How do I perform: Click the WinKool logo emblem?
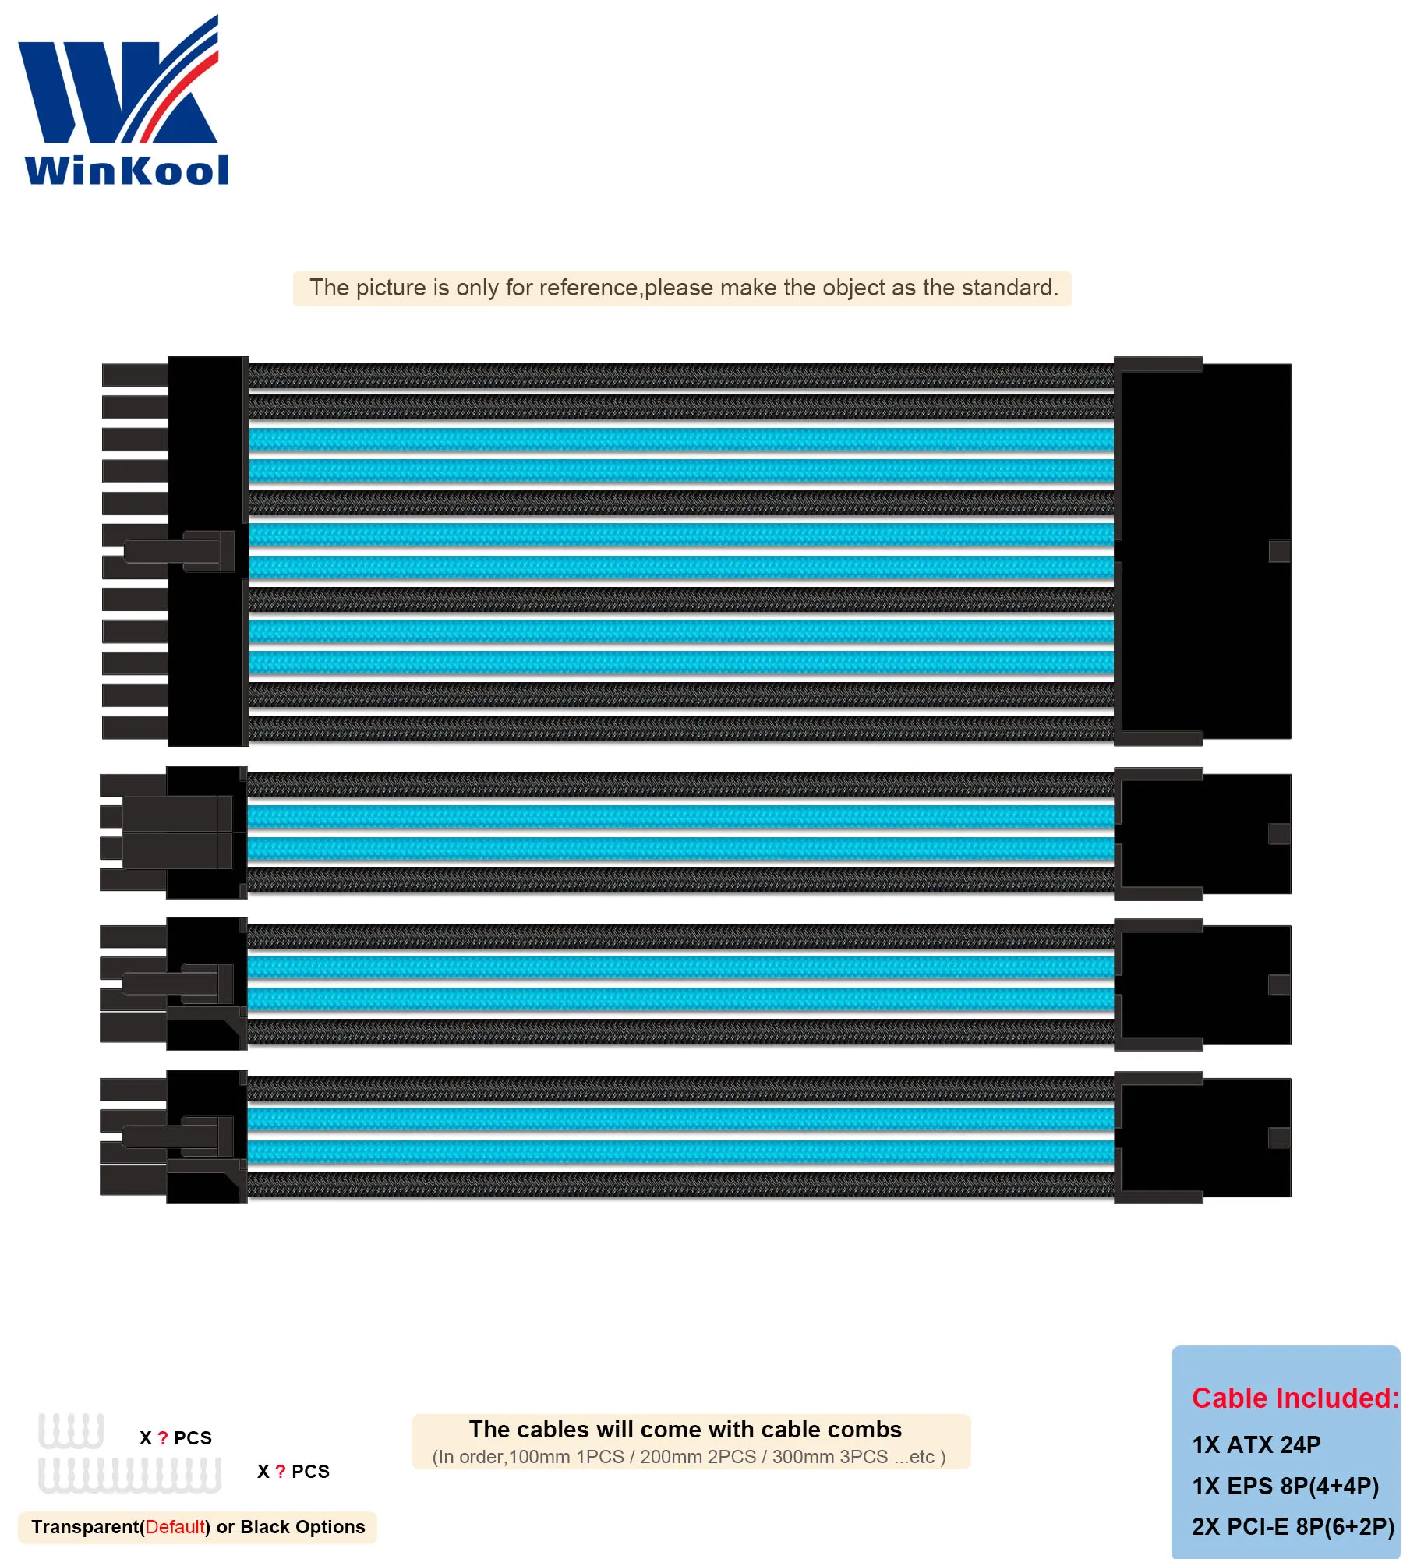point(118,82)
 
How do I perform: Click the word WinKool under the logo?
point(127,171)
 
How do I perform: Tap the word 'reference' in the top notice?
point(588,288)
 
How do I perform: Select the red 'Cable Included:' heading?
point(1295,1398)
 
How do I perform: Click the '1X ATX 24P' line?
point(1256,1444)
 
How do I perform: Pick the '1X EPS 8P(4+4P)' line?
point(1285,1486)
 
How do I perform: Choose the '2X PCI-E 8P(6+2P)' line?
point(1292,1526)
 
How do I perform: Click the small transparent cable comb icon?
point(71,1431)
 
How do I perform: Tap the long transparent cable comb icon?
point(129,1475)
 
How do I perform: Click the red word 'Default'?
point(175,1527)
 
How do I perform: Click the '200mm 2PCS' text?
point(698,1457)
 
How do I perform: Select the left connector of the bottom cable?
point(175,1137)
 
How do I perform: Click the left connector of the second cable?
point(175,833)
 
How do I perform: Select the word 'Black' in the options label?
point(265,1527)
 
